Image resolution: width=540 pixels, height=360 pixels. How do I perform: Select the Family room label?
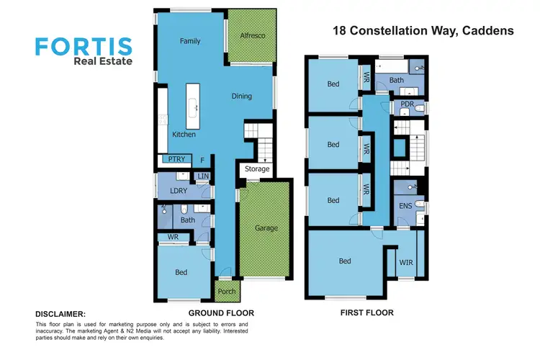click(x=190, y=41)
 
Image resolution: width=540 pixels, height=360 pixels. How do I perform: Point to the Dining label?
click(x=242, y=96)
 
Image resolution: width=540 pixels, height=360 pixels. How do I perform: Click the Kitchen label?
click(x=184, y=135)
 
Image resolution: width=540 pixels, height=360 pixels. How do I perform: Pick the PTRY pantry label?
click(x=174, y=159)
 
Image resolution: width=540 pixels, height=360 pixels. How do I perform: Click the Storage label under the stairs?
click(x=257, y=169)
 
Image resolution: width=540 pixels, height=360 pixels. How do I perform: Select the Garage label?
click(x=265, y=228)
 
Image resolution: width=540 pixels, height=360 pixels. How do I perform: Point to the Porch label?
click(x=227, y=292)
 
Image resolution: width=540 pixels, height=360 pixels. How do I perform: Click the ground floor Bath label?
click(x=188, y=220)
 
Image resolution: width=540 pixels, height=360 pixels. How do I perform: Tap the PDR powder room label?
click(x=407, y=105)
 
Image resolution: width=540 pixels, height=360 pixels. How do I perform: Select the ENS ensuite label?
click(x=405, y=205)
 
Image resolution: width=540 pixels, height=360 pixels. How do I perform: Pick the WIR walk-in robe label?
click(x=406, y=262)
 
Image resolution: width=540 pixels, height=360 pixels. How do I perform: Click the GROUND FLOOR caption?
click(x=221, y=313)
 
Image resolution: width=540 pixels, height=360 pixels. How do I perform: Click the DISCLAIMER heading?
click(x=60, y=314)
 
